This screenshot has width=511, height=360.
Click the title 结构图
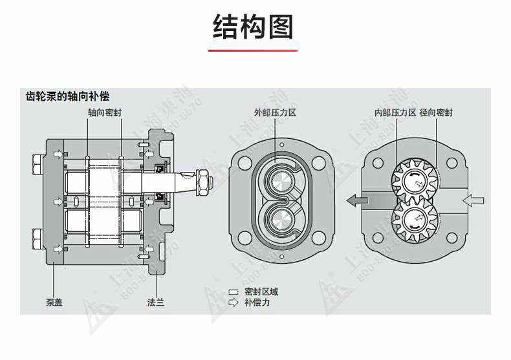pyautogui.click(x=254, y=27)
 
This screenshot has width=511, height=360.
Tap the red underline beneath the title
pyautogui.click(x=254, y=50)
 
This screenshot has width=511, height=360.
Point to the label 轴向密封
pyautogui.click(x=105, y=112)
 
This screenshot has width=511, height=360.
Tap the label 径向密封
pyautogui.click(x=436, y=112)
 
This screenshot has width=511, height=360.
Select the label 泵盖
pyautogui.click(x=54, y=301)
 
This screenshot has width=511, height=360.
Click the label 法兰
pyautogui.click(x=156, y=301)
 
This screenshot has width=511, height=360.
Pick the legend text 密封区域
pyautogui.click(x=261, y=292)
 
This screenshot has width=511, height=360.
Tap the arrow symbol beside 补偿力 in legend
pyautogui.click(x=234, y=302)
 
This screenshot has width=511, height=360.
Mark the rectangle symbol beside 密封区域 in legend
pyautogui.click(x=234, y=292)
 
